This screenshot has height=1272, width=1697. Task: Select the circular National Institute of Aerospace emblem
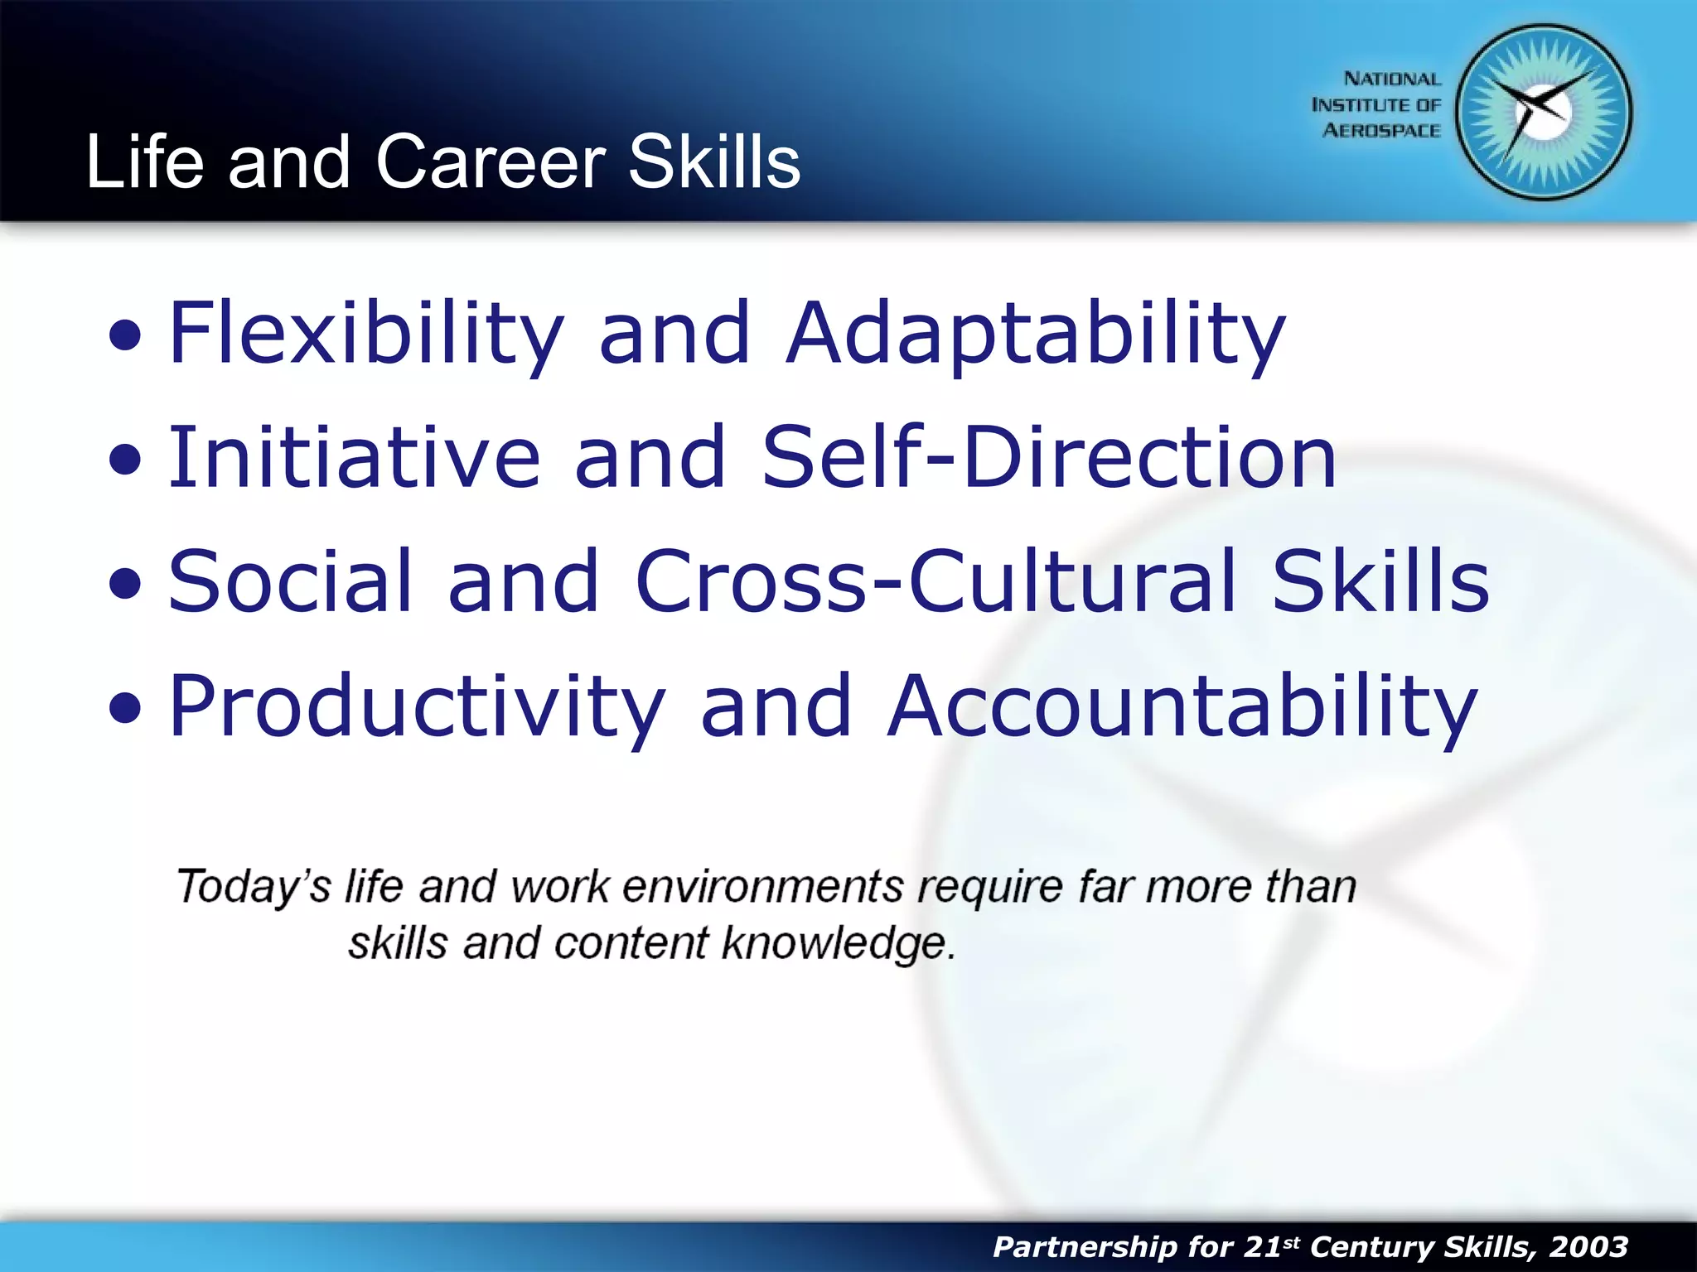pyautogui.click(x=1544, y=112)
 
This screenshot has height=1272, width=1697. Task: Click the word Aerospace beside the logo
pyautogui.click(x=1381, y=131)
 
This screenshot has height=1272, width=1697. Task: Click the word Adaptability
pyautogui.click(x=1036, y=333)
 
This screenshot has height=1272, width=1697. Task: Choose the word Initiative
pyautogui.click(x=355, y=457)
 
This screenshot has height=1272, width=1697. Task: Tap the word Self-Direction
pyautogui.click(x=1049, y=457)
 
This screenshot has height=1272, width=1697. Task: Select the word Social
pyautogui.click(x=290, y=581)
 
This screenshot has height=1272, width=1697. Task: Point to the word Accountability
pyautogui.click(x=1182, y=706)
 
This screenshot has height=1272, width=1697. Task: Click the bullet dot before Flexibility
pyautogui.click(x=125, y=336)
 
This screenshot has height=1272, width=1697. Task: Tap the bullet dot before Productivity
pyautogui.click(x=125, y=709)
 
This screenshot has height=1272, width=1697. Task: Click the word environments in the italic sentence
pyautogui.click(x=762, y=887)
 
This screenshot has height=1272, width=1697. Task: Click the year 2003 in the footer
pyautogui.click(x=1588, y=1246)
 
